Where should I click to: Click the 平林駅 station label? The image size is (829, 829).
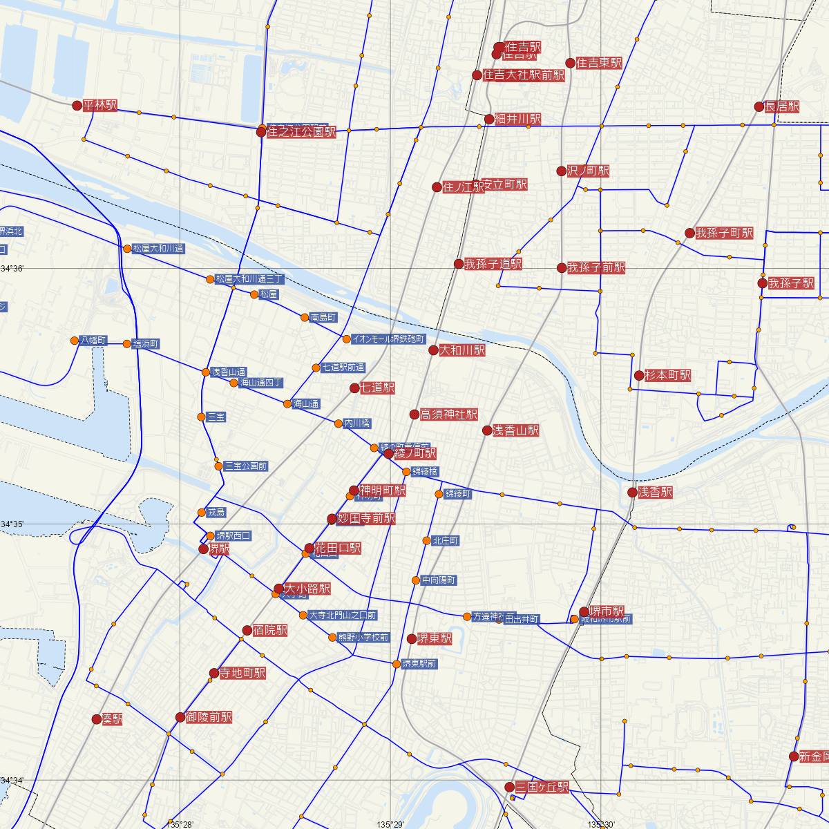pos(100,106)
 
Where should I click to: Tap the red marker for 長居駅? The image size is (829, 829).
pos(759,106)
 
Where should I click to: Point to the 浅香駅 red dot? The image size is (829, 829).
pos(632,493)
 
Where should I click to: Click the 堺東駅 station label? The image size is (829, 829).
pos(435,638)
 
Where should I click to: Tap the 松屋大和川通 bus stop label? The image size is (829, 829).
pos(159,249)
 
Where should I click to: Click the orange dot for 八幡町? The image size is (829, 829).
pos(75,340)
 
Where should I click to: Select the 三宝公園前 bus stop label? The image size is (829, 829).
pos(246,466)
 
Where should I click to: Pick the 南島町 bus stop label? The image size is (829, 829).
pos(323,318)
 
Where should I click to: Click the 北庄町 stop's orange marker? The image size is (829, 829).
pos(427,540)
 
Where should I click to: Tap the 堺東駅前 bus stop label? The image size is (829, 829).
pos(419,664)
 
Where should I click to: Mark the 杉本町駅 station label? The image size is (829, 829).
pos(667,375)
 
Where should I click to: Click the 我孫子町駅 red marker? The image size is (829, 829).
pos(689,233)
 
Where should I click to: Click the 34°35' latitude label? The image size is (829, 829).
pos(12,524)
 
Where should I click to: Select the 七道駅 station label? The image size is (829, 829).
pos(377,388)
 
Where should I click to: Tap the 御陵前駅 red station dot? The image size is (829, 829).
pos(180,717)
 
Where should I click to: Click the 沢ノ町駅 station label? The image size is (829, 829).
pos(588,171)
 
